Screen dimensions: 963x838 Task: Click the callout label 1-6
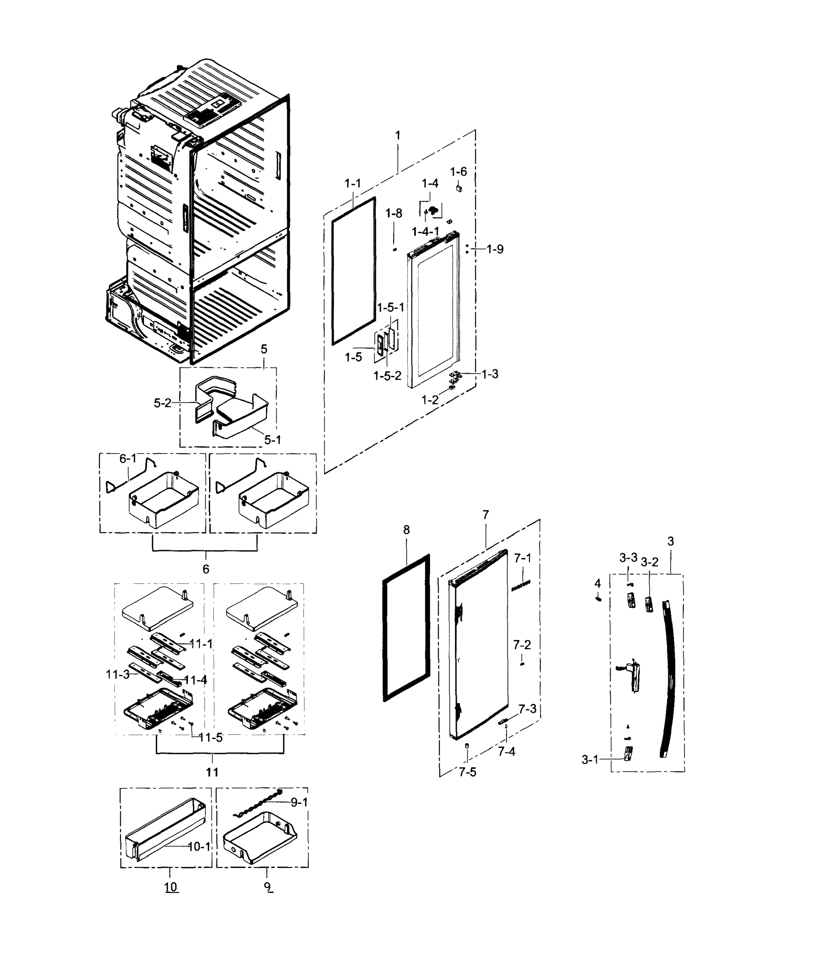[458, 172]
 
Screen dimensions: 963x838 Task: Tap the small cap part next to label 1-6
[459, 188]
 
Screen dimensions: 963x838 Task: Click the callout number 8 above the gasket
[406, 530]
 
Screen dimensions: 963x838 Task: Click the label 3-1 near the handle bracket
[590, 760]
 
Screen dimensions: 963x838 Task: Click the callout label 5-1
[273, 440]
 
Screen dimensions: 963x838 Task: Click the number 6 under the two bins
[206, 569]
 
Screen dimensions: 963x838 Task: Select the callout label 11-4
[195, 680]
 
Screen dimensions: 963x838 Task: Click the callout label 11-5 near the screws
[211, 738]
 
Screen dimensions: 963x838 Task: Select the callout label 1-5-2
[387, 376]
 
